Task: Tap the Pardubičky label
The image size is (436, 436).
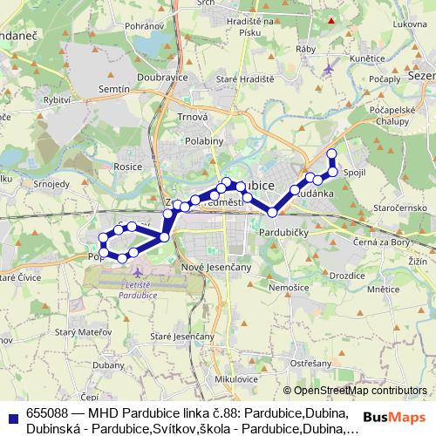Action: pyautogui.click(x=281, y=234)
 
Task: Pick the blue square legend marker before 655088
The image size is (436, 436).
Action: pyautogui.click(x=11, y=412)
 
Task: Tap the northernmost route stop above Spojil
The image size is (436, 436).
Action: pyautogui.click(x=331, y=154)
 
